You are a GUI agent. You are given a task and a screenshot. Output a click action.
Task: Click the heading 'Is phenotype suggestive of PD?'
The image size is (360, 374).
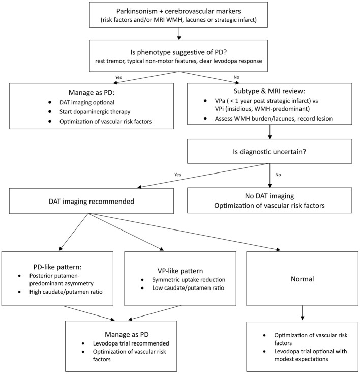[178, 52]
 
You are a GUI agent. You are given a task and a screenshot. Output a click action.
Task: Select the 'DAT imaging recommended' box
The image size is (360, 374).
[92, 201]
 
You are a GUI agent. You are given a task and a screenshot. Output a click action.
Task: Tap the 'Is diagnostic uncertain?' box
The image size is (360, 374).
[269, 152]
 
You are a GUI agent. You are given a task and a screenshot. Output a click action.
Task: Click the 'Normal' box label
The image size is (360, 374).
[303, 279]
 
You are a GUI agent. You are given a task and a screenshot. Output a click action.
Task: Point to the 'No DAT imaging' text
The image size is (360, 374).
[269, 196]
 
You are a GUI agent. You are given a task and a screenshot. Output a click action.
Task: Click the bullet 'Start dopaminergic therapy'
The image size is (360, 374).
[95, 112]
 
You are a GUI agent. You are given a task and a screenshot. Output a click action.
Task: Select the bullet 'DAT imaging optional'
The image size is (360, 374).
[87, 102]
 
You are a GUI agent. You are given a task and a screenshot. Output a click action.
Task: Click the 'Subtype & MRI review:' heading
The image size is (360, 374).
[269, 91]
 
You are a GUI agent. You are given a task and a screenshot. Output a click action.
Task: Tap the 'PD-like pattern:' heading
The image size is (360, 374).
[57, 267]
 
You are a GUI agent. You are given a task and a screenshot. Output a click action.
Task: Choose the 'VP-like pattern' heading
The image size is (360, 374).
[180, 271]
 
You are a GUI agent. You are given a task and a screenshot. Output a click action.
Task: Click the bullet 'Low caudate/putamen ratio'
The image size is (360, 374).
[188, 288]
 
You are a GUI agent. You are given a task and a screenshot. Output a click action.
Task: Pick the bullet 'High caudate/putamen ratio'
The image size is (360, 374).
[66, 292]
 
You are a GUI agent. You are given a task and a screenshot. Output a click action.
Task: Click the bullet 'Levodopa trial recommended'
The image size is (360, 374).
[131, 343]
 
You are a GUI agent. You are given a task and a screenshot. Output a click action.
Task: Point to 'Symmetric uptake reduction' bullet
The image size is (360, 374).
[189, 279]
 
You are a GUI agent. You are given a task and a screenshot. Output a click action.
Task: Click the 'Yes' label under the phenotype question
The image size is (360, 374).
[118, 77]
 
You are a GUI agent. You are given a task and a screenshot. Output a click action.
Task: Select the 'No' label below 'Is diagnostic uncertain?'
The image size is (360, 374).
[278, 175]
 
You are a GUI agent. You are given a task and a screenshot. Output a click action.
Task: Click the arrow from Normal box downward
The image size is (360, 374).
[303, 313]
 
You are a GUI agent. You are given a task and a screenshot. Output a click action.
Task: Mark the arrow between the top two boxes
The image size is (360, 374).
[179, 34]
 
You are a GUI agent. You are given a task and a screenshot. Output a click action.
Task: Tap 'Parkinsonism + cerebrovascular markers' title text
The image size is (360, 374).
[178, 11]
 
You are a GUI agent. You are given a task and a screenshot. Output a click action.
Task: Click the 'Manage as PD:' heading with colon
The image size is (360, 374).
[92, 92]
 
